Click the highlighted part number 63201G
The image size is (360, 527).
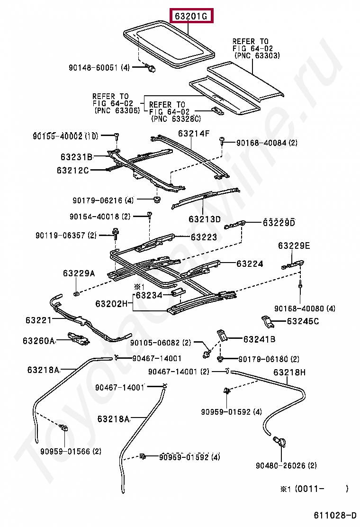coord(191,17)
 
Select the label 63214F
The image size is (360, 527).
coord(193,134)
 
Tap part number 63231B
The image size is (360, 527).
coord(76,157)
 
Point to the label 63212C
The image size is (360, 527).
coord(73,170)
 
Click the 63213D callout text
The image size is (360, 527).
coord(205,219)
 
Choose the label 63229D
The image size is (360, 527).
coord(279,223)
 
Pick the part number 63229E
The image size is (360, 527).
coord(294,245)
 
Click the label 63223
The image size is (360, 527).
coord(204,237)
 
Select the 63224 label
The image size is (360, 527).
coord(250,263)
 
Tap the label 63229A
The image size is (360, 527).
coord(79,273)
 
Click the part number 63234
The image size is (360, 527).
coord(149,295)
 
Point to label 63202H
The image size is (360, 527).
coord(111,304)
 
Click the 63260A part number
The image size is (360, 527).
coord(39,340)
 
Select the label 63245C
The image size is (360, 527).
coord(303,322)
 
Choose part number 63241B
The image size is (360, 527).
coord(260,339)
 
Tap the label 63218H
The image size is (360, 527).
coord(289,373)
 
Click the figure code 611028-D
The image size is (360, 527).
coord(334,515)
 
